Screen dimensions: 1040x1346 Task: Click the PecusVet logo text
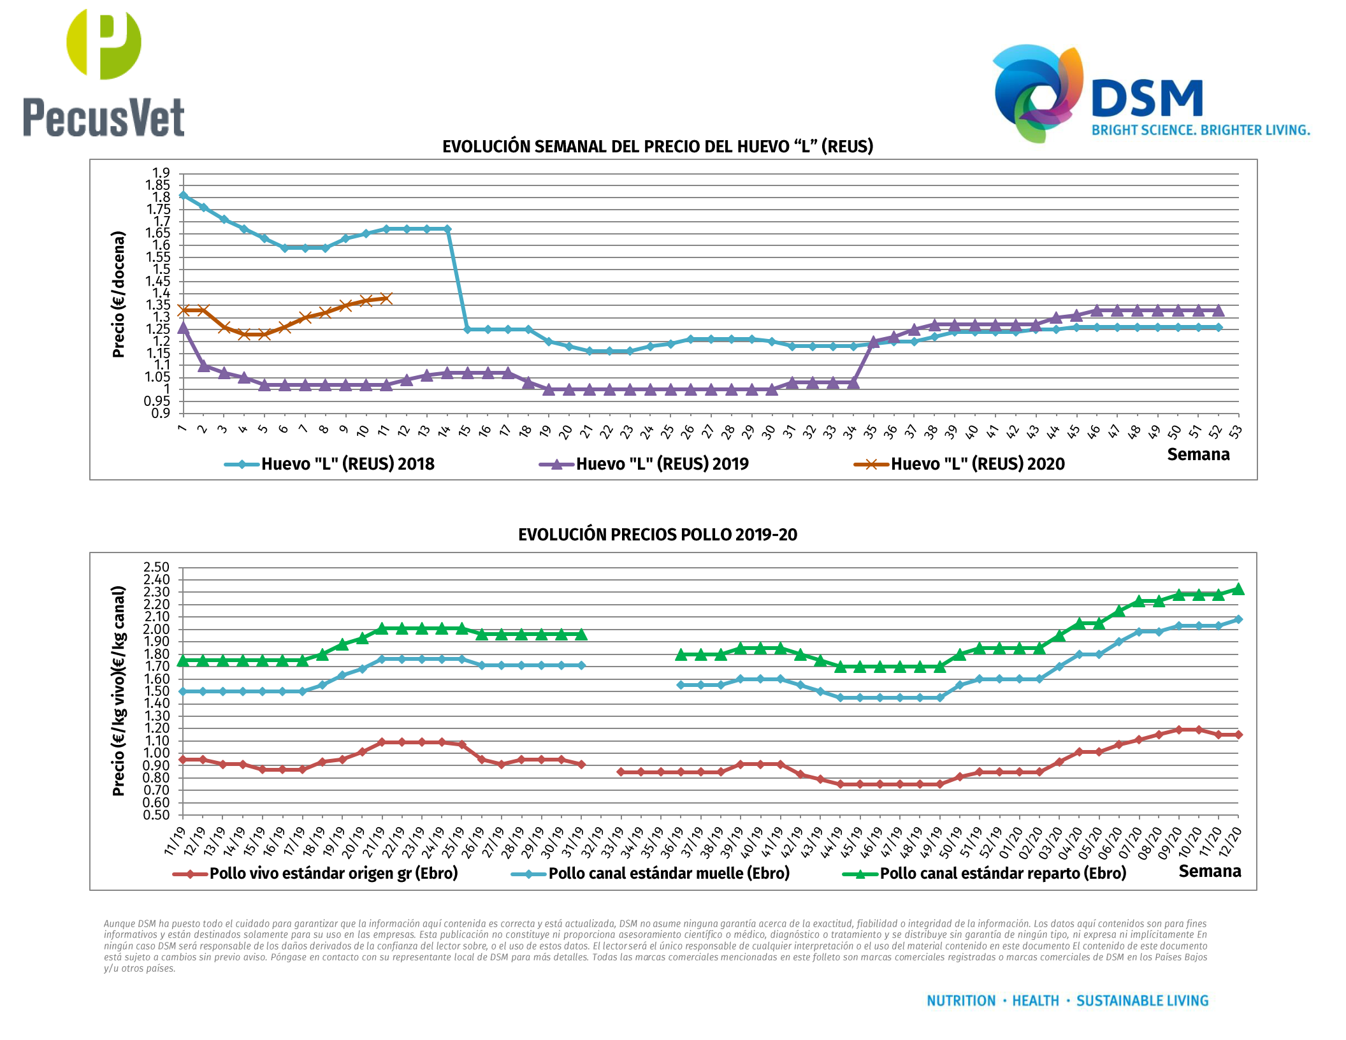104,117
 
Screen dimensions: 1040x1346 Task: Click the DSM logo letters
1147,99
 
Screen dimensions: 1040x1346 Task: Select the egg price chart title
657,147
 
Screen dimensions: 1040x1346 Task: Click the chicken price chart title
657,535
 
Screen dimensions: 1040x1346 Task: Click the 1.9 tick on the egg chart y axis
161,173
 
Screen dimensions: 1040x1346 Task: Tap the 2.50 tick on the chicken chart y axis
157,567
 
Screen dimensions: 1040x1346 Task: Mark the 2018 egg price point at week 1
183,196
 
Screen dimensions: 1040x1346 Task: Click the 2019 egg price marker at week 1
183,328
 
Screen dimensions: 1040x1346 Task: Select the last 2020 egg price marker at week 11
386,298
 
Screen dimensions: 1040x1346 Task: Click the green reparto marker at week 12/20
1238,589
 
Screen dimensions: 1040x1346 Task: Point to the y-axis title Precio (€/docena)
119,294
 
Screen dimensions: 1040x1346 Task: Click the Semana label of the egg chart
1198,454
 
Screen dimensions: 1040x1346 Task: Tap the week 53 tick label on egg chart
1236,432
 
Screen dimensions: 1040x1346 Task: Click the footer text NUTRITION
960,1001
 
